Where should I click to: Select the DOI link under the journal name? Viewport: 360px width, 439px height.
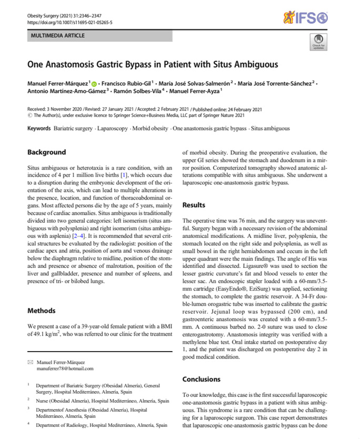click(x=70, y=23)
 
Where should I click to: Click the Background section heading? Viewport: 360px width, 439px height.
click(x=47, y=152)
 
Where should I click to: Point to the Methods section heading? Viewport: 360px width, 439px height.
click(x=43, y=311)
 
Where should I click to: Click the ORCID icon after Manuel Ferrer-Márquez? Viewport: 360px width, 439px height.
click(x=94, y=83)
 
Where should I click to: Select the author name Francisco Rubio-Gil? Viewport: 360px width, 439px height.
click(x=128, y=83)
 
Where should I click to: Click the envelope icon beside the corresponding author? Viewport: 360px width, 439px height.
click(x=30, y=362)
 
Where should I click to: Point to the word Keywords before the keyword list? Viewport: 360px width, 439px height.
click(x=39, y=128)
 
